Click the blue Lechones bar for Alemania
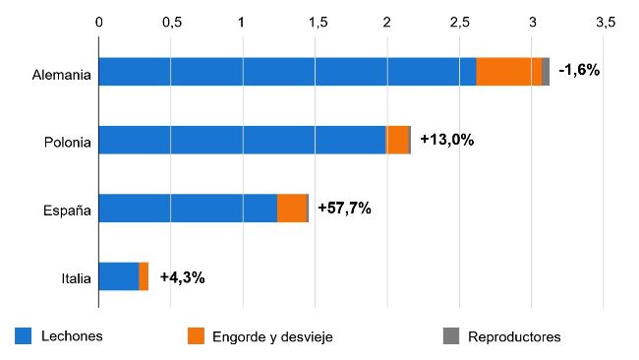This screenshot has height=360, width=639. (x=287, y=72)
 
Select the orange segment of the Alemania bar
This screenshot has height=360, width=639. (x=508, y=72)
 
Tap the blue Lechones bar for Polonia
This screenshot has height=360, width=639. (x=242, y=140)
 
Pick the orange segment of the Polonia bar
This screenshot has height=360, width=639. (x=397, y=140)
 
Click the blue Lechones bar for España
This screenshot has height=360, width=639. (x=188, y=209)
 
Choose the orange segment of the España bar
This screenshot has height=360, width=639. (x=292, y=209)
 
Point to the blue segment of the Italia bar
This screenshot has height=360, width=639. (x=119, y=276)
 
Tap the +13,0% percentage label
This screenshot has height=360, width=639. (x=446, y=140)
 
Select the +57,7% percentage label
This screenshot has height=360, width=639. (x=344, y=209)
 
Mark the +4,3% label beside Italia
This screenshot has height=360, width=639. (x=182, y=277)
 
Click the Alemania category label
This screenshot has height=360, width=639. (x=61, y=73)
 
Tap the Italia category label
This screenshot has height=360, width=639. (x=75, y=278)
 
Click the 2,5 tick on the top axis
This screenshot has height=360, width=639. (x=459, y=22)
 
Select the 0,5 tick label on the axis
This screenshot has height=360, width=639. (x=171, y=22)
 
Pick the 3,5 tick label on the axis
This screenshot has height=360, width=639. (x=604, y=22)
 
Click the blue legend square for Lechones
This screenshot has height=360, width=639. (x=24, y=336)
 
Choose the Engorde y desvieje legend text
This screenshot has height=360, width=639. (x=272, y=336)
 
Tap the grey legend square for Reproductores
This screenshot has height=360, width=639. (x=451, y=336)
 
